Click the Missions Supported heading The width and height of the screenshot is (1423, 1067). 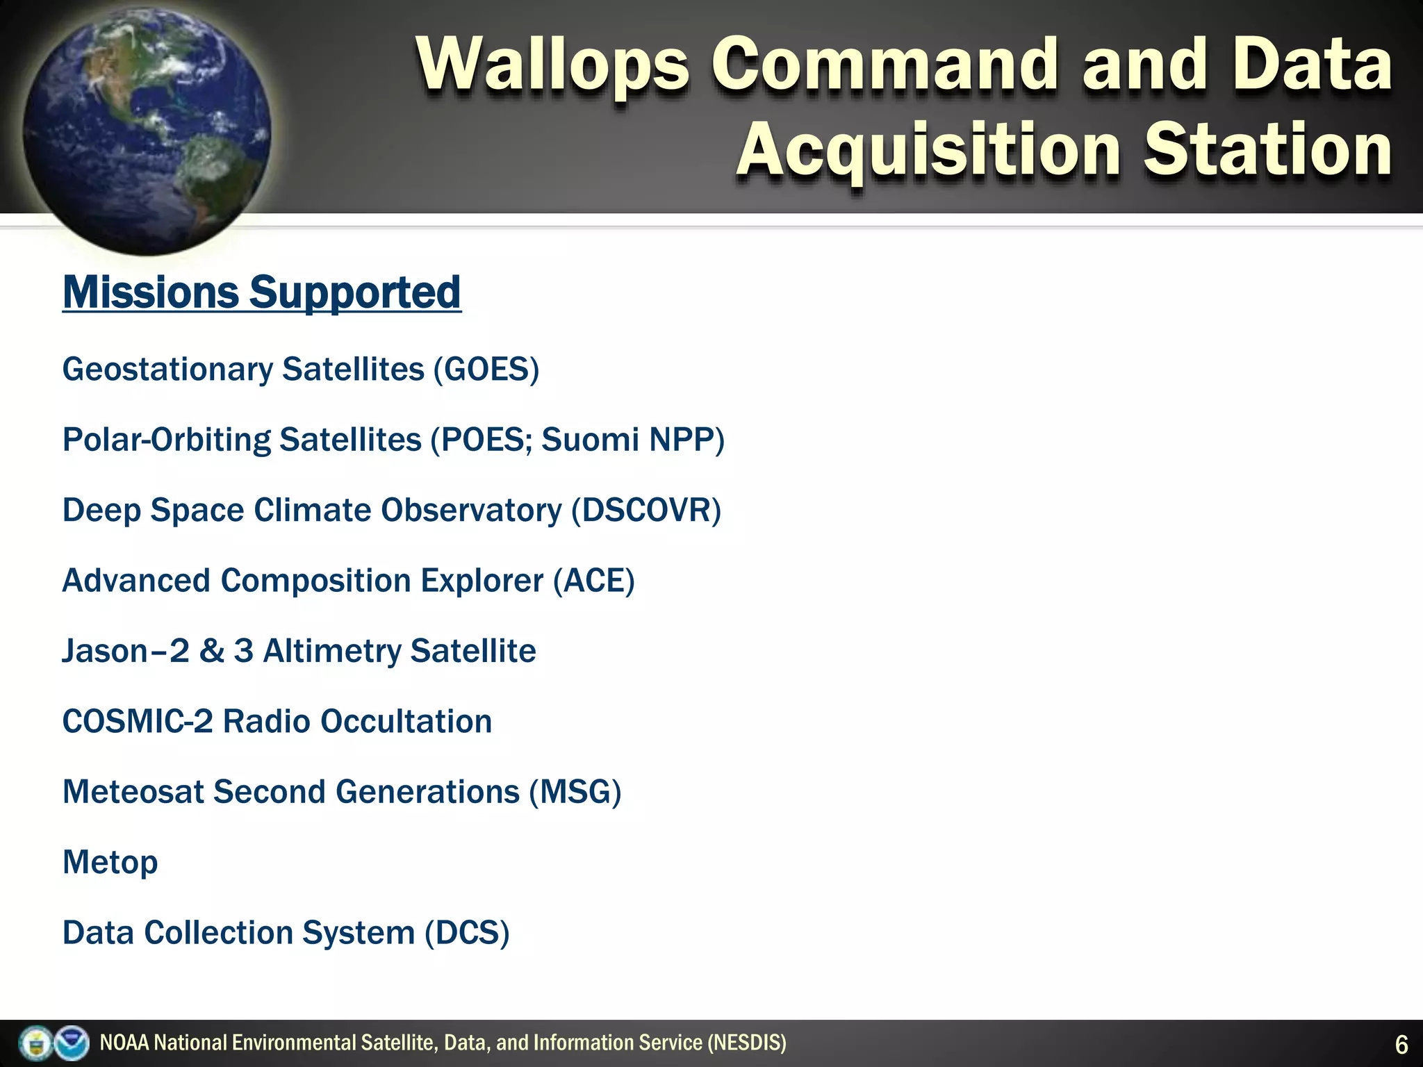click(x=262, y=292)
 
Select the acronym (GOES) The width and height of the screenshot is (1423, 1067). click(x=486, y=369)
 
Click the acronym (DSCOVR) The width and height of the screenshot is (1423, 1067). click(x=646, y=511)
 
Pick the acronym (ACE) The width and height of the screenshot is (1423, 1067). click(x=594, y=581)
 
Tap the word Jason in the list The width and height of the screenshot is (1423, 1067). click(x=105, y=652)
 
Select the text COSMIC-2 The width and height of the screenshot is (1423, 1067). click(x=138, y=722)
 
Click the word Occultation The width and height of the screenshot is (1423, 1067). click(x=406, y=722)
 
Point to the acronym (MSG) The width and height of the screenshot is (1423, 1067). click(x=575, y=793)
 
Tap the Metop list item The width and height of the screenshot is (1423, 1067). click(x=110, y=863)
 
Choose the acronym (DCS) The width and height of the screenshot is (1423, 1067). click(x=467, y=933)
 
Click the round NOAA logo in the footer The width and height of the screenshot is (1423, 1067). click(x=72, y=1043)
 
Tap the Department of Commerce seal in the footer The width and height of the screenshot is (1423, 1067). click(x=35, y=1043)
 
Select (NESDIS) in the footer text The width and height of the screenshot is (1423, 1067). click(x=747, y=1043)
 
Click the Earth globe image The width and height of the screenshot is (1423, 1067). click(x=146, y=129)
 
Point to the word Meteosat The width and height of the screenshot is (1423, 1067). click(x=133, y=793)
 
